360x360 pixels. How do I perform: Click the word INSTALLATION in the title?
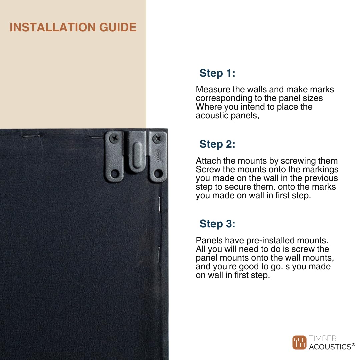53,27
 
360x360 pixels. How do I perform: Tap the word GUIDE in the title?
118,27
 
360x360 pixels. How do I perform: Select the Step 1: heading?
217,73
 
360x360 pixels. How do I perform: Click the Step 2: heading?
217,144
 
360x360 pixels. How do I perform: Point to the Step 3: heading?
217,224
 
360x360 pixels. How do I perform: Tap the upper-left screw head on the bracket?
114,138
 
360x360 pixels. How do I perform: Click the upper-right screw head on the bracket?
158,138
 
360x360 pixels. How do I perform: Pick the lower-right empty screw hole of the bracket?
158,174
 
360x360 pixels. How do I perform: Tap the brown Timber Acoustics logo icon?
299,343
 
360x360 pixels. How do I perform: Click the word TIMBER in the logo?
323,338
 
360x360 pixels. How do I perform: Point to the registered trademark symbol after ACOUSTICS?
353,344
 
